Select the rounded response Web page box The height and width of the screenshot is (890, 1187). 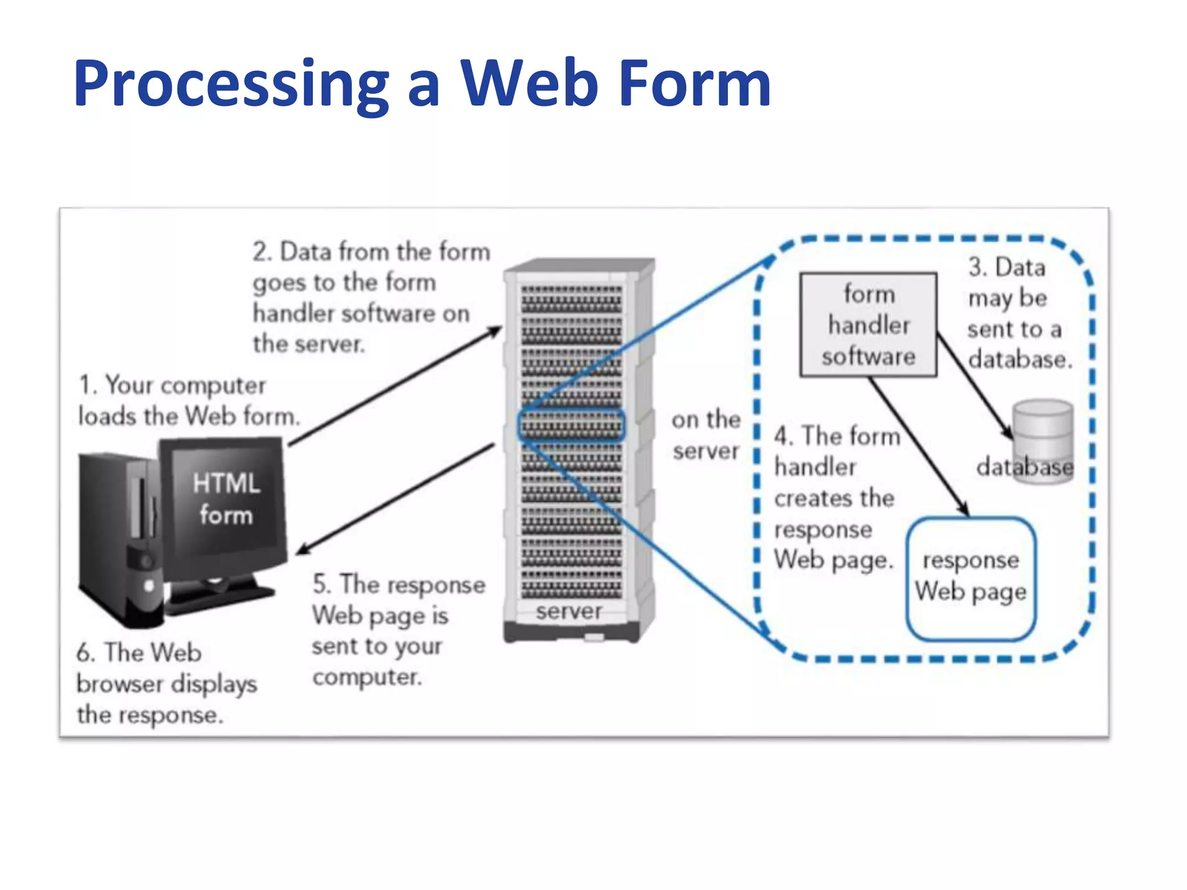point(971,578)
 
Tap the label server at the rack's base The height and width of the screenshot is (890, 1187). point(569,611)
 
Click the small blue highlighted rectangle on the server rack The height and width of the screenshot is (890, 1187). point(571,426)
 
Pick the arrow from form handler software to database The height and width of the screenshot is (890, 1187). point(974,385)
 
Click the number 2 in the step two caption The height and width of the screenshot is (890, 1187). point(260,253)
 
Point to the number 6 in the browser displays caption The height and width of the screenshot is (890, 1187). point(85,654)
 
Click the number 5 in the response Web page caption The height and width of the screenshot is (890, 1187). point(321,584)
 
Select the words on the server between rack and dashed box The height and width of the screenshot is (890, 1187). point(706,435)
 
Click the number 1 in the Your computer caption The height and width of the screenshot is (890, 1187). point(86,386)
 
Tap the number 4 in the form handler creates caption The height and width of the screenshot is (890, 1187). point(783,436)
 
